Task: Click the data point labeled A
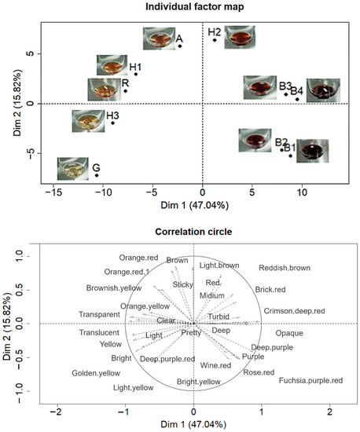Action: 180,46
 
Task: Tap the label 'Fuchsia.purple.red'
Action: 310,381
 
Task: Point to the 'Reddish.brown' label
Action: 284,269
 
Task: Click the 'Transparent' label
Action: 99,315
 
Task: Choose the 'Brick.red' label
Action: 271,290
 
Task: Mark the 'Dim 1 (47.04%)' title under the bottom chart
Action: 193,426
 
